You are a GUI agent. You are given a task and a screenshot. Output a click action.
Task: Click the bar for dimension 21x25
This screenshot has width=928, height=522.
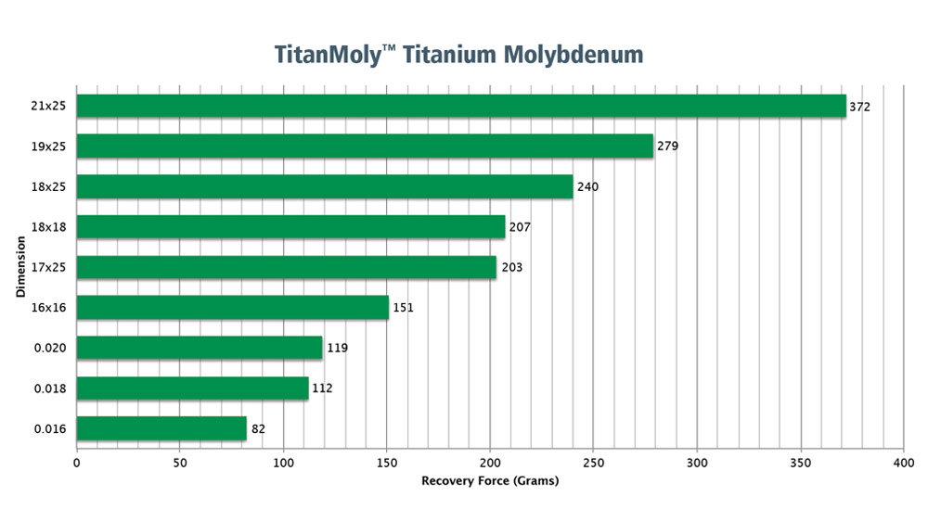(460, 106)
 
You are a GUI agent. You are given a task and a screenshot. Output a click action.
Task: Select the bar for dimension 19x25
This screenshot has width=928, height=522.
(364, 146)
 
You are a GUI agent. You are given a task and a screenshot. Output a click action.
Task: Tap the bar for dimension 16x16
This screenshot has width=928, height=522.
(232, 307)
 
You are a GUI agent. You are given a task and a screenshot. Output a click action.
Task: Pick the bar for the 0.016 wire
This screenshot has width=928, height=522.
(161, 428)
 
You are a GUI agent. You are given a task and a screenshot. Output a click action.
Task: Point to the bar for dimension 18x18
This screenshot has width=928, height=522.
(290, 226)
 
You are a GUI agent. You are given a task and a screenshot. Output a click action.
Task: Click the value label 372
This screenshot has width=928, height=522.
(859, 107)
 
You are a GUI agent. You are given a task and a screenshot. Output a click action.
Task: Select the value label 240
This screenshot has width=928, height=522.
(587, 187)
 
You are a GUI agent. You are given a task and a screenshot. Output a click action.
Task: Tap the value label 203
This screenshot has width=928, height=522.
(511, 267)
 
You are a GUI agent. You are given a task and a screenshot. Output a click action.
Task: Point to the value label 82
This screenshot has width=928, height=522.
(259, 428)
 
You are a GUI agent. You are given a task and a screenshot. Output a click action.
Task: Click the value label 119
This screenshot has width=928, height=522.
(337, 348)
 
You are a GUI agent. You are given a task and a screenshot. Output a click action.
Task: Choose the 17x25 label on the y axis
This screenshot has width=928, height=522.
(46, 267)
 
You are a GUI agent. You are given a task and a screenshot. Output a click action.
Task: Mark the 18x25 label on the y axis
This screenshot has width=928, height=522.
(46, 186)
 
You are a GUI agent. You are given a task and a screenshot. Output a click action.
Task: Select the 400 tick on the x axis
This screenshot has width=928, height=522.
(903, 461)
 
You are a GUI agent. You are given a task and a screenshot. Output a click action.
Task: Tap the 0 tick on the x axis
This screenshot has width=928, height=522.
(76, 461)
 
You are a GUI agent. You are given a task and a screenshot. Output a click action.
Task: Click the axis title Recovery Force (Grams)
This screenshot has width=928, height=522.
(490, 480)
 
